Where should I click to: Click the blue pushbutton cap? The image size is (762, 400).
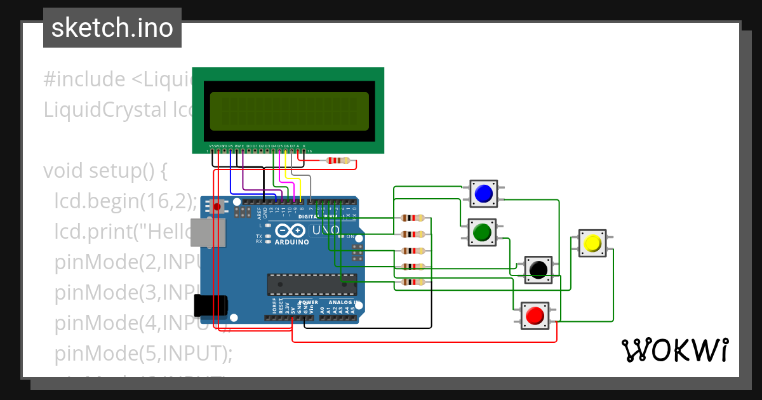pyautogui.click(x=484, y=194)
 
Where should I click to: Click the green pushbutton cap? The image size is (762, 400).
pyautogui.click(x=482, y=232)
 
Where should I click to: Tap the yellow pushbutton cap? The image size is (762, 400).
pyautogui.click(x=592, y=243)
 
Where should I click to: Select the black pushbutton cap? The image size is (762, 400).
pyautogui.click(x=538, y=269)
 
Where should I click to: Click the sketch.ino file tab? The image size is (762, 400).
pyautogui.click(x=112, y=28)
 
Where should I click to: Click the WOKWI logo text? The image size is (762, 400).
pyautogui.click(x=674, y=350)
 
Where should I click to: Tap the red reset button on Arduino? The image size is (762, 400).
pyautogui.click(x=218, y=206)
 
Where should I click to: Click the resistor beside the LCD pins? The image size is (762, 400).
pyautogui.click(x=337, y=161)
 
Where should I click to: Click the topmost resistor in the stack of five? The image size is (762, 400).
pyautogui.click(x=413, y=218)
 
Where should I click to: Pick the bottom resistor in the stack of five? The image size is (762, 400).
pyautogui.click(x=413, y=282)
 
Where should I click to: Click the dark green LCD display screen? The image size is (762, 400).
pyautogui.click(x=289, y=111)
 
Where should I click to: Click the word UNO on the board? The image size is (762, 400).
pyautogui.click(x=327, y=230)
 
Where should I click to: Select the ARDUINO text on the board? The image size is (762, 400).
pyautogui.click(x=291, y=242)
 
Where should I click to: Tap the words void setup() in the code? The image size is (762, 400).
pyautogui.click(x=105, y=171)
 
